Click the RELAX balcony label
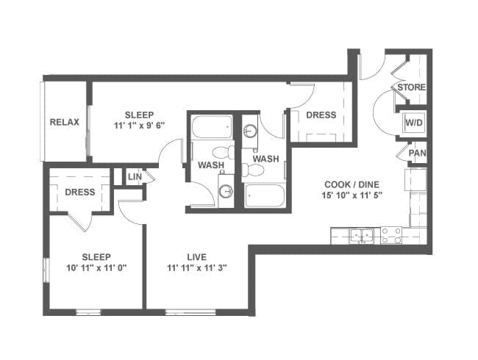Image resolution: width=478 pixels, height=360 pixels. [x=64, y=122]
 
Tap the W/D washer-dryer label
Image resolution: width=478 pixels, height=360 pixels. [x=414, y=123]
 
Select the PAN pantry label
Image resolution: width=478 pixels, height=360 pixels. [x=418, y=153]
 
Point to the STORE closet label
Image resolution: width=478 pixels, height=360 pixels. [x=411, y=87]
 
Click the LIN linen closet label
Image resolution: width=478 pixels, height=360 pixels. [x=135, y=176]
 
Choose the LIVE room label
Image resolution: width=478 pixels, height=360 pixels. [x=196, y=257]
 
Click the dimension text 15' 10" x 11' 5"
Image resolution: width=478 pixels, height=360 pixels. [x=352, y=195]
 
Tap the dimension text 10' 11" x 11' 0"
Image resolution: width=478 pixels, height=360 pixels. [x=96, y=268]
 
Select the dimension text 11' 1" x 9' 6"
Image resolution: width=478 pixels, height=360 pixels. [x=139, y=126]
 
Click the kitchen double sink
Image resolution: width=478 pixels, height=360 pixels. [x=362, y=235]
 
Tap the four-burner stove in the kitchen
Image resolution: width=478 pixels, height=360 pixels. [x=391, y=236]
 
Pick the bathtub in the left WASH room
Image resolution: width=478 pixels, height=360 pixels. [x=212, y=127]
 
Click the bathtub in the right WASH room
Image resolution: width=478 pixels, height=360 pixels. [x=265, y=195]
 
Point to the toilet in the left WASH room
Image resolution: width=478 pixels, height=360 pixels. [x=223, y=152]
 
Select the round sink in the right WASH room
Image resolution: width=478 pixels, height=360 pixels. [x=250, y=132]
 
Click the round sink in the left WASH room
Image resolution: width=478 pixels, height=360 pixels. [x=226, y=191]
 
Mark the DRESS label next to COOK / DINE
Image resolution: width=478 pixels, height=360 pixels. [x=321, y=115]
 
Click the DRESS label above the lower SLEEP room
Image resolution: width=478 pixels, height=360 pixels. [x=80, y=192]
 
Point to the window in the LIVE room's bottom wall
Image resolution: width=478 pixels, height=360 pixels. [x=190, y=312]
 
